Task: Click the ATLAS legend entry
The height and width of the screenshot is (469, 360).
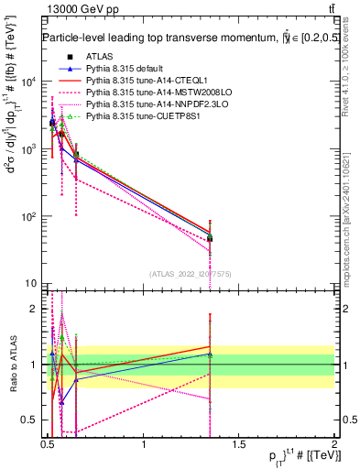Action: point(99,58)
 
